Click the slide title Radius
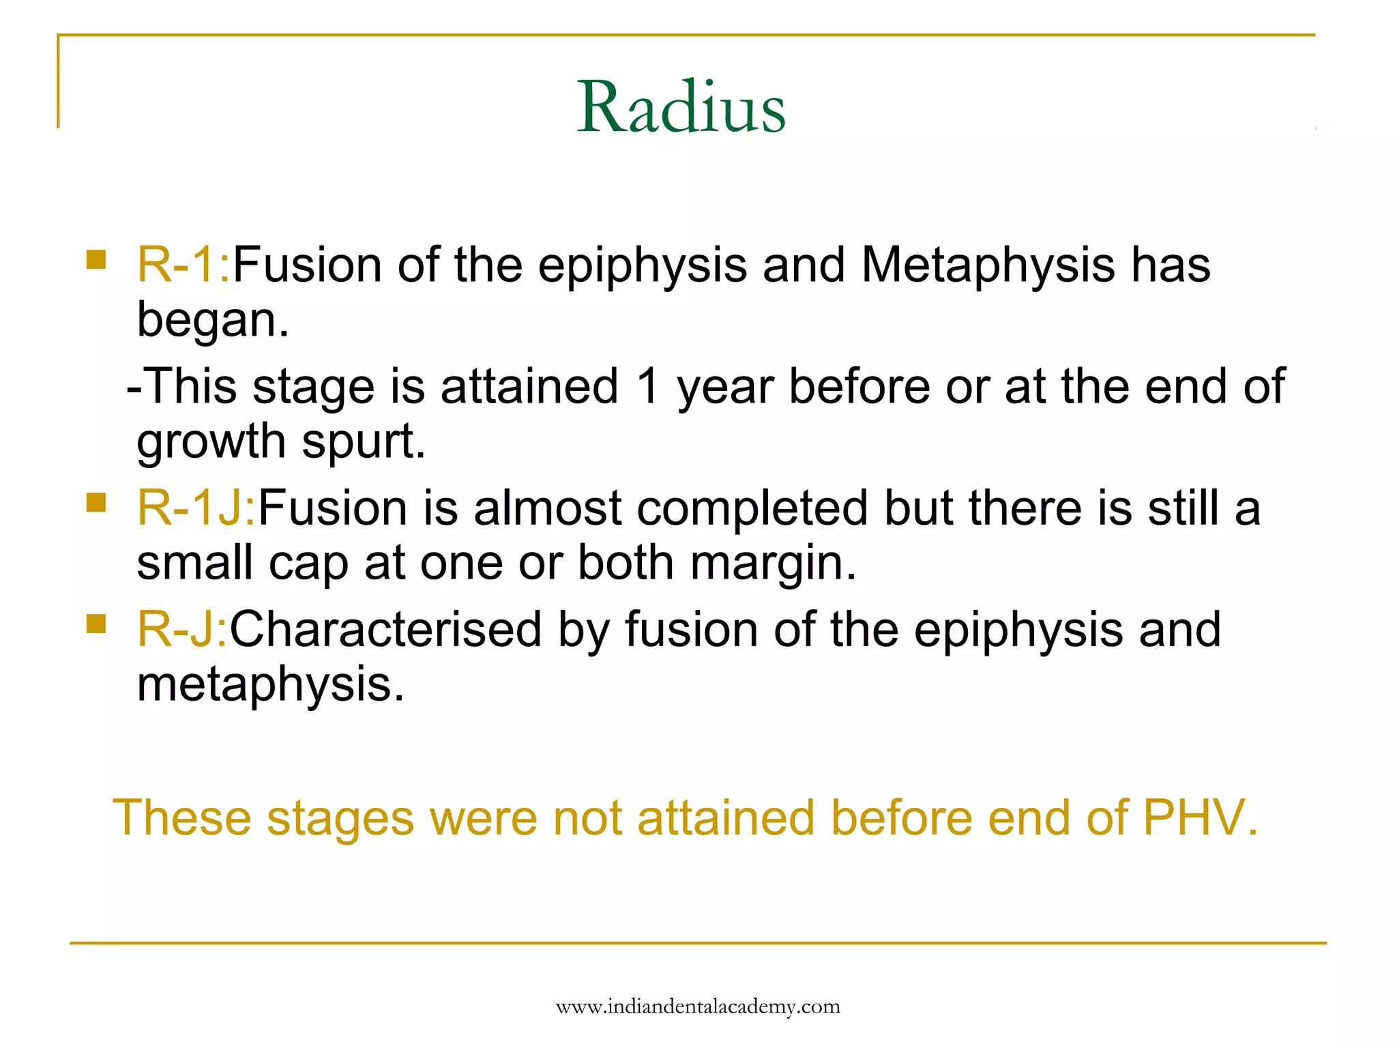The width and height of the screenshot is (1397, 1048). click(681, 107)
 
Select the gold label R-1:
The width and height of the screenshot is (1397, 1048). click(183, 265)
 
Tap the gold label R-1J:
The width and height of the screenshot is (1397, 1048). click(196, 508)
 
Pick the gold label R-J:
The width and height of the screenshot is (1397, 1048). click(181, 630)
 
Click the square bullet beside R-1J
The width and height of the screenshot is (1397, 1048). click(96, 503)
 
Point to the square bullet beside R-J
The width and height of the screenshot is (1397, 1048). click(96, 624)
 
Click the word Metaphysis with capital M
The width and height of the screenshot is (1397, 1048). click(988, 265)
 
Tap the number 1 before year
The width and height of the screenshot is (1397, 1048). click(647, 387)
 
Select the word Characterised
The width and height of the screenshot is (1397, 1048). click(385, 630)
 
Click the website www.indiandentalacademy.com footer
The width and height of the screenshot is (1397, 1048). click(698, 1007)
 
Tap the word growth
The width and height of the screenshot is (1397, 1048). click(211, 442)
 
